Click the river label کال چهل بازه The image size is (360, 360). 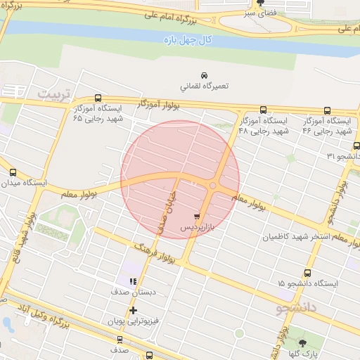click(x=186, y=39)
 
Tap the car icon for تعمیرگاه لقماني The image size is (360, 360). click(x=204, y=75)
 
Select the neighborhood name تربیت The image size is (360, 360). click(x=55, y=94)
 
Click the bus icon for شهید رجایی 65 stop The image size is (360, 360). click(x=98, y=99)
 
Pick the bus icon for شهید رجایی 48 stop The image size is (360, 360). click(x=264, y=110)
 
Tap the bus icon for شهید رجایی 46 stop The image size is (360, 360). click(x=328, y=110)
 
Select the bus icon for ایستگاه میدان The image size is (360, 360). click(x=13, y=172)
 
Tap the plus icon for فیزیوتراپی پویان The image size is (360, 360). click(x=133, y=310)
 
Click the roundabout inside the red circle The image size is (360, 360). click(x=212, y=185)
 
